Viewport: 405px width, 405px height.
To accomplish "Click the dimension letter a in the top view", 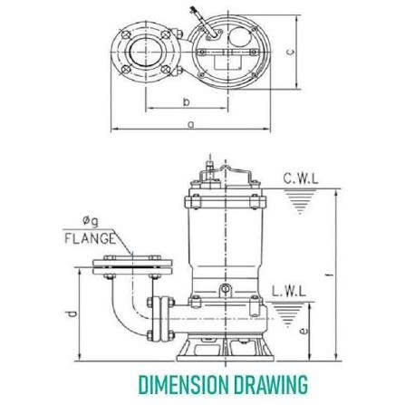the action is pos(190,124).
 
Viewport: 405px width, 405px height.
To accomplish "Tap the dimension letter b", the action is pos(187,101).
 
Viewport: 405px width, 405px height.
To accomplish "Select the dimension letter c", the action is pos(290,53).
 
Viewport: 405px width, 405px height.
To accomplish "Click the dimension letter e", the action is pos(304,331).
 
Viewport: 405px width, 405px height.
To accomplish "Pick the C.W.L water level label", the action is pos(301,178).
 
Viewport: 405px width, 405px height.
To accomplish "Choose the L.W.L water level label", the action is pos(289,292).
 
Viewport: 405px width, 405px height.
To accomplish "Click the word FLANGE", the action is pos(90,238).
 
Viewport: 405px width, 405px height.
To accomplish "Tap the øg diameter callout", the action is pos(91,222).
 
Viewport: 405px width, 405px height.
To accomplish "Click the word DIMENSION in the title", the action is pos(185,384).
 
